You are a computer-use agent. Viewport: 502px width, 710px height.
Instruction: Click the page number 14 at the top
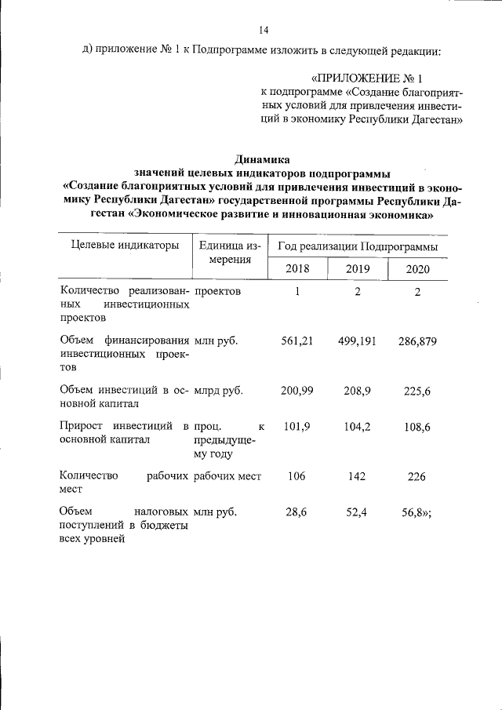264,31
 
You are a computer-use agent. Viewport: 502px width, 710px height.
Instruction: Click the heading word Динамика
263,158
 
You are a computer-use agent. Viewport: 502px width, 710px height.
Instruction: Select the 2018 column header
296,269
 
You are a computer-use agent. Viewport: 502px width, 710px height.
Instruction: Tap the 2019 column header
357,269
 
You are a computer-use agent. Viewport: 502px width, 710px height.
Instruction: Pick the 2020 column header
418,270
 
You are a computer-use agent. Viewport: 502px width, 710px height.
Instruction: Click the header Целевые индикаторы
120,246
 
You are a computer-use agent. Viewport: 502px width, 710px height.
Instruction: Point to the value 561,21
296,341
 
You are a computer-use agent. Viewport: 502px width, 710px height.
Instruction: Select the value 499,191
358,341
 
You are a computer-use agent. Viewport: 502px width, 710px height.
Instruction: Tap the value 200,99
296,390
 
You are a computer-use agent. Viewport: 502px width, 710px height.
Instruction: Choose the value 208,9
358,390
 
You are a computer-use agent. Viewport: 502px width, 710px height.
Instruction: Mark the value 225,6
417,390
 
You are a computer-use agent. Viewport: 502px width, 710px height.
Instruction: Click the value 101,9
296,427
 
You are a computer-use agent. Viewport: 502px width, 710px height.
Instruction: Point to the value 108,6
417,427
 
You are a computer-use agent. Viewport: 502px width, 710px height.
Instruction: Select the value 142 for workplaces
358,475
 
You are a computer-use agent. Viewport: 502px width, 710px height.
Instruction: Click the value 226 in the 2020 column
417,475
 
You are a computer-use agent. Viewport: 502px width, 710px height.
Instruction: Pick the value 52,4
358,512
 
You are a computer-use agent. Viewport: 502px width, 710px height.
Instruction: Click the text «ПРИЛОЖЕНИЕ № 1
367,79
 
